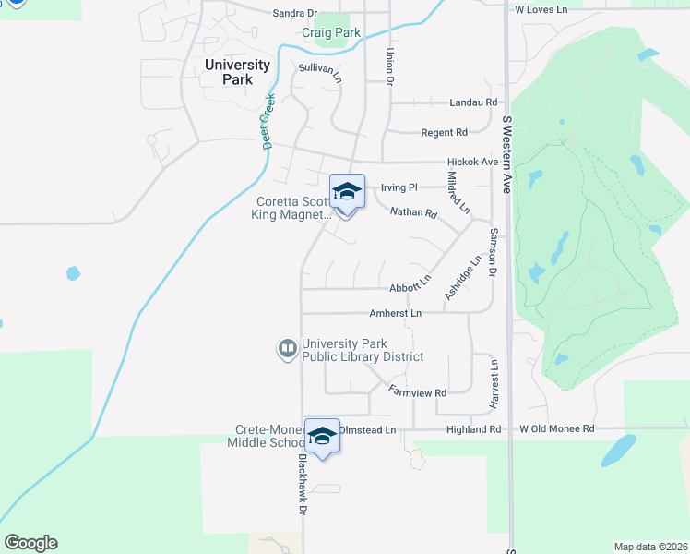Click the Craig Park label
click(x=331, y=32)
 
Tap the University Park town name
click(x=238, y=72)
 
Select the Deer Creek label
click(x=268, y=121)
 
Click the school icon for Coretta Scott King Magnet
click(x=347, y=192)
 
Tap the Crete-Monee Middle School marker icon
click(x=322, y=436)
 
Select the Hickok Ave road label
click(x=473, y=162)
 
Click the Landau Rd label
click(x=473, y=102)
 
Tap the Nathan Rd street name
click(x=413, y=212)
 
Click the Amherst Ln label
click(x=395, y=314)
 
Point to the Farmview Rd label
click(x=417, y=391)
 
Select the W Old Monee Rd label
click(x=558, y=429)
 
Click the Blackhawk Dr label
click(x=301, y=484)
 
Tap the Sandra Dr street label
click(x=295, y=13)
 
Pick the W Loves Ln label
click(x=541, y=9)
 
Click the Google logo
click(x=30, y=543)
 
